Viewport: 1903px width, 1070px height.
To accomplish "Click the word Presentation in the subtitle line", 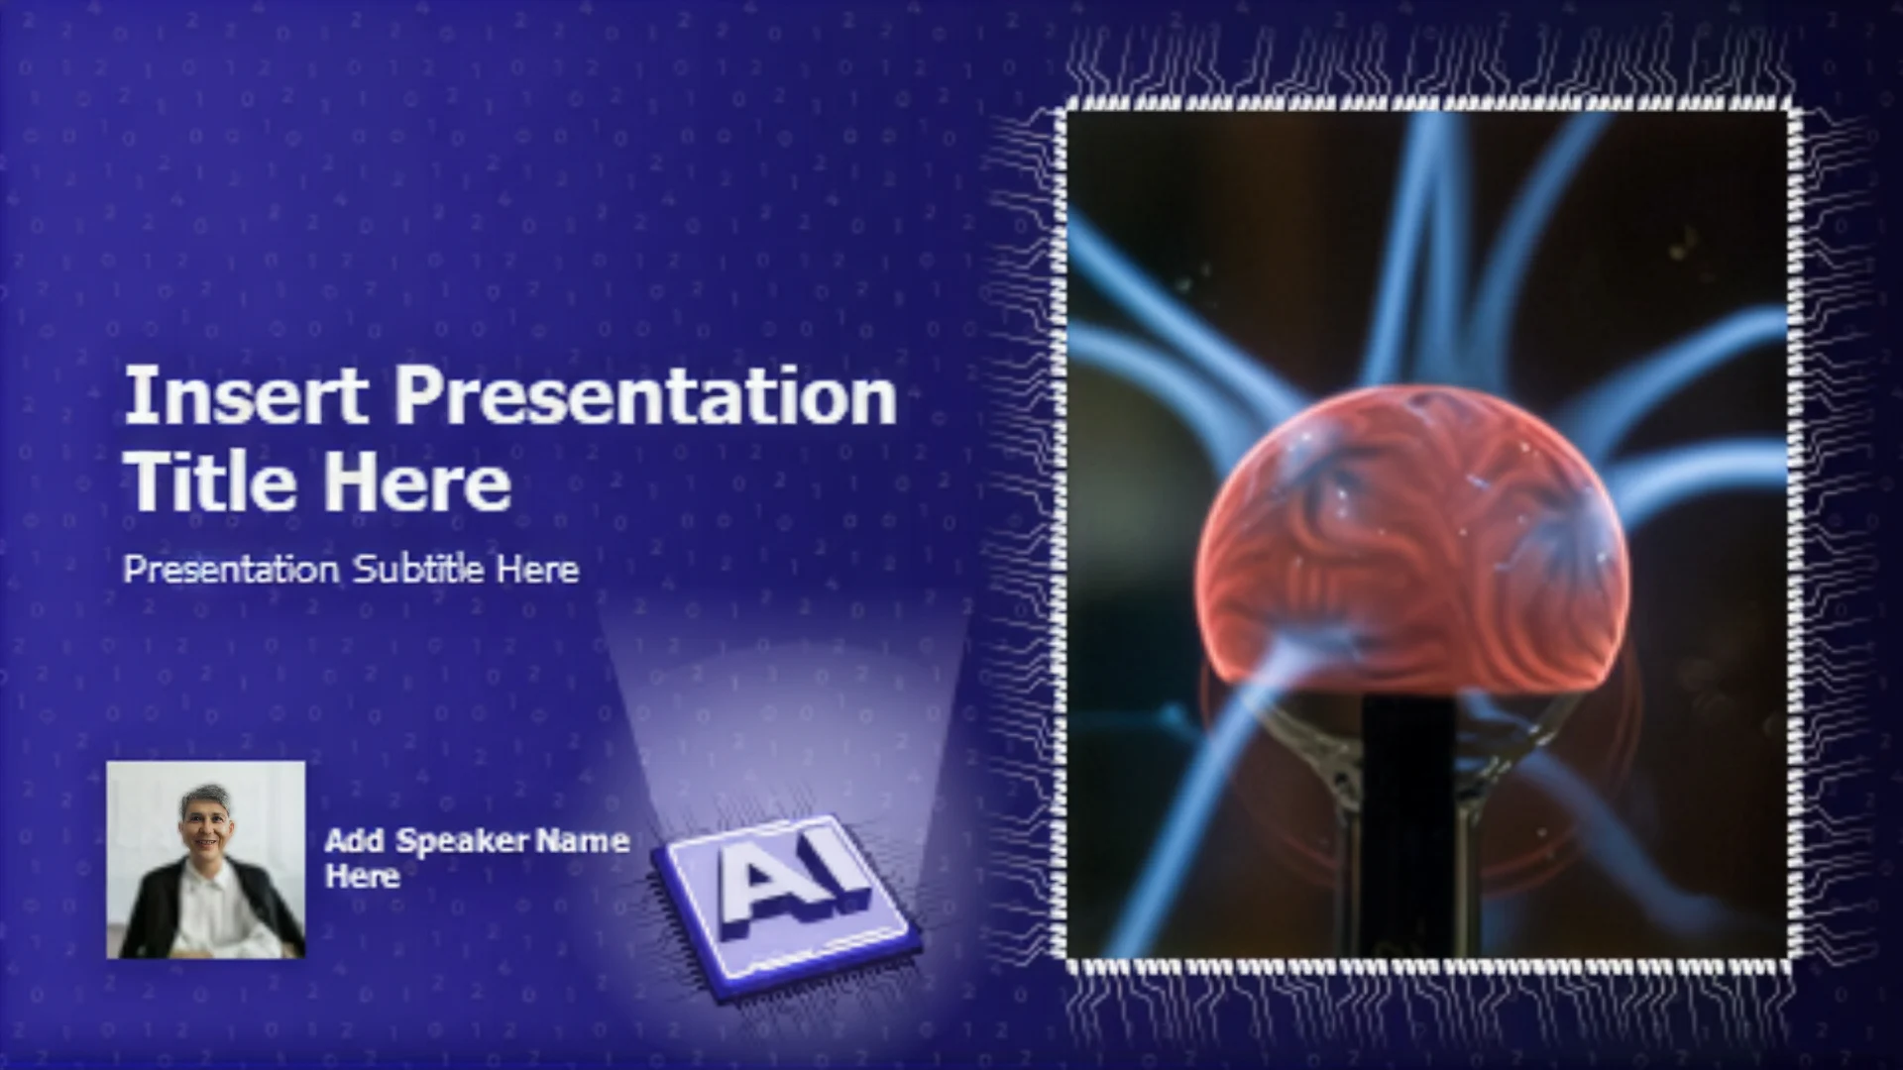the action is point(231,569).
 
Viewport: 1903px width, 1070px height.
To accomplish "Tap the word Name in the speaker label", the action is point(582,841).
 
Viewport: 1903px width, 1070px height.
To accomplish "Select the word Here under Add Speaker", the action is point(362,876).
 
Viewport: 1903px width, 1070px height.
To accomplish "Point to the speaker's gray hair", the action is point(204,799).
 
